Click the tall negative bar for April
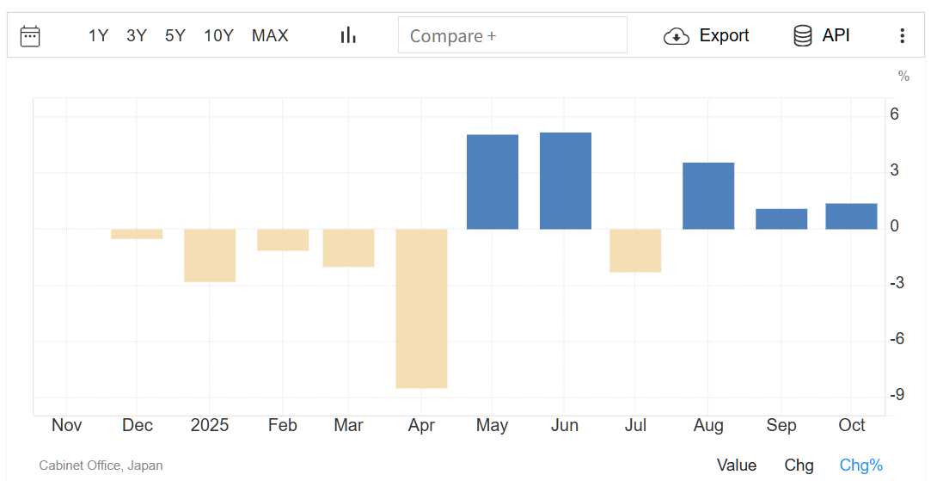tap(421, 308)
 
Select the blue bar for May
tap(493, 182)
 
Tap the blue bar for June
tap(566, 181)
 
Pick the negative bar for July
tap(635, 250)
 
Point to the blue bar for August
tap(708, 195)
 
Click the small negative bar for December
tap(137, 234)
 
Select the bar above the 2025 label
tap(210, 256)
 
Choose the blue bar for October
tap(851, 216)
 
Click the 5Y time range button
tap(175, 35)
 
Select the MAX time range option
tap(270, 35)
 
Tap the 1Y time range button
tap(98, 35)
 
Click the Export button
tap(707, 35)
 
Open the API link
tap(822, 35)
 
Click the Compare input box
tap(512, 35)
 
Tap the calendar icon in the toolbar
tap(30, 35)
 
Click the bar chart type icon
tap(348, 35)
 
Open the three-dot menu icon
tap(902, 35)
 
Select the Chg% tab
tap(860, 465)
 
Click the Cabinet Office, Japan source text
tap(101, 466)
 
